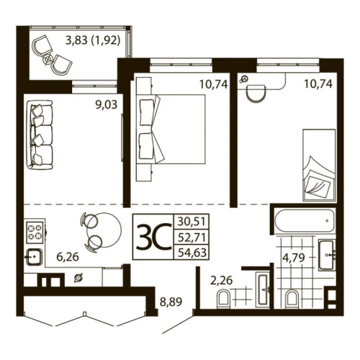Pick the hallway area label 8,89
(170, 303)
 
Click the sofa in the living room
(41, 133)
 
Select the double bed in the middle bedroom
(176, 129)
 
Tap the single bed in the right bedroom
(318, 163)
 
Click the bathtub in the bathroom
(303, 220)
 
